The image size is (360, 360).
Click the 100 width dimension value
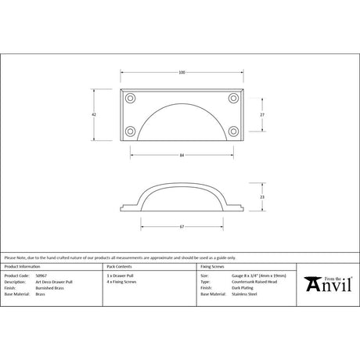[182, 73]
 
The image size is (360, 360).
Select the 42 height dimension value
[94, 114]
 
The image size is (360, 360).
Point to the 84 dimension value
[182, 156]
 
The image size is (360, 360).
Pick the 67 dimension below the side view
[182, 227]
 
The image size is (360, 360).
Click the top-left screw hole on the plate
[131, 99]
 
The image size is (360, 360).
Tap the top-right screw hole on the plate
[232, 99]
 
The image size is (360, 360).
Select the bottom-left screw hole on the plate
[131, 131]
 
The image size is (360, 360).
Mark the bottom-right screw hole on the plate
[232, 131]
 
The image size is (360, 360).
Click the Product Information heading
[23, 267]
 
